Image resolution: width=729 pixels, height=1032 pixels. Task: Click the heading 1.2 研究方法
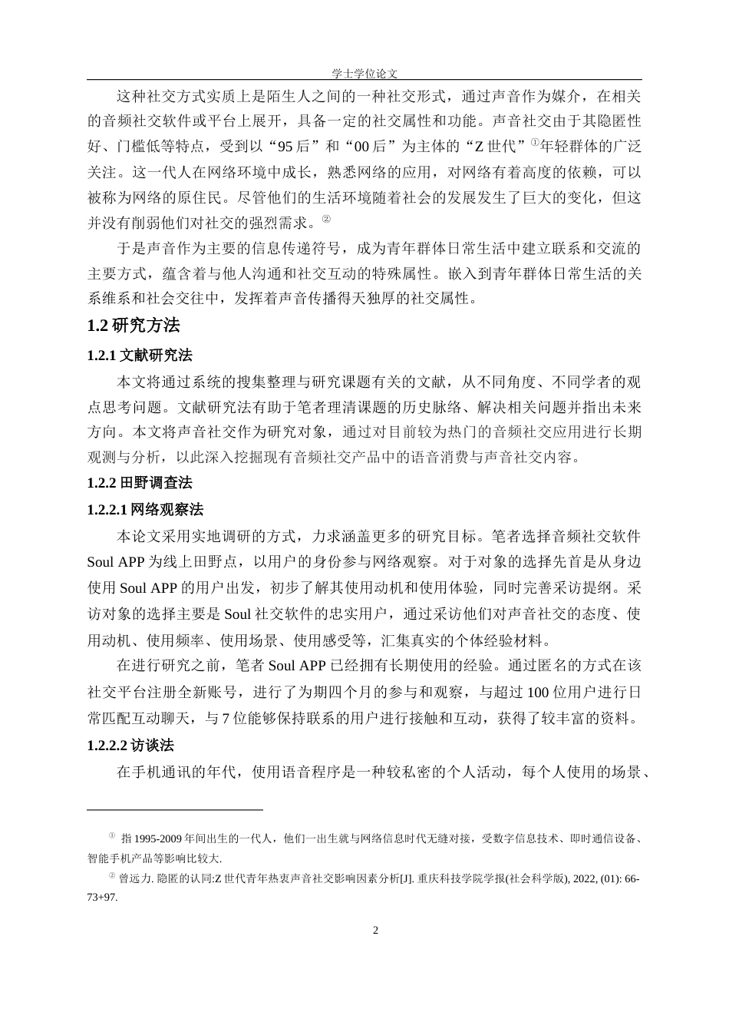coord(134,326)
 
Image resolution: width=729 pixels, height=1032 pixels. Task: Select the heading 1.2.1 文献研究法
coord(140,356)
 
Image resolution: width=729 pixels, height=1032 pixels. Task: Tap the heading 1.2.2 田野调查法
coord(140,483)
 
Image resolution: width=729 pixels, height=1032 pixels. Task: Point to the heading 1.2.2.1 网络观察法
coord(145,510)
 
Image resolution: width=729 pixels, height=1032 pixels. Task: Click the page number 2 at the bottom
coord(375,931)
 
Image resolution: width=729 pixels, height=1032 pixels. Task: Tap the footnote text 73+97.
coord(103,896)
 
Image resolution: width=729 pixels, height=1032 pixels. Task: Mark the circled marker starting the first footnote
coord(111,836)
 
